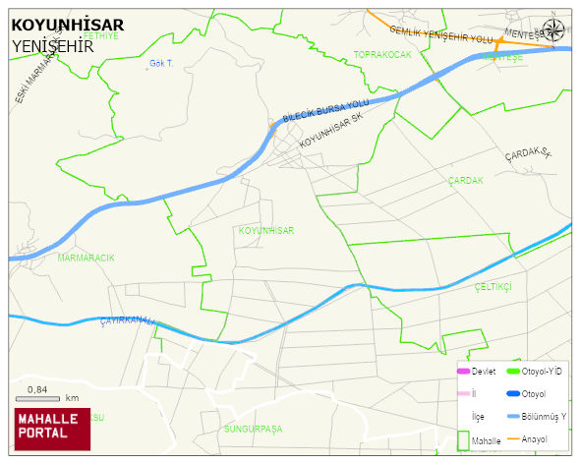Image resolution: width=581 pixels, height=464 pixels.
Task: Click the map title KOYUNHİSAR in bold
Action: tap(67, 26)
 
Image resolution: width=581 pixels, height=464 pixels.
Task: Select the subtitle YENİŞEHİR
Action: tap(52, 45)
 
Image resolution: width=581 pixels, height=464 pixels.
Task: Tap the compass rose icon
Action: tap(554, 30)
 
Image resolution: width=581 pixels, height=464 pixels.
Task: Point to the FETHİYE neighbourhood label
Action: tap(100, 35)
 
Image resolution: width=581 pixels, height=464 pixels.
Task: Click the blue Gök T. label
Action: tap(161, 64)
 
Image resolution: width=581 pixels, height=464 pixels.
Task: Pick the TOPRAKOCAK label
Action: tap(382, 54)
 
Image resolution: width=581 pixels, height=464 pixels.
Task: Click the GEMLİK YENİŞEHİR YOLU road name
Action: tap(439, 34)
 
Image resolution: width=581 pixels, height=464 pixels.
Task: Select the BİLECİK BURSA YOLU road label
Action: tap(324, 109)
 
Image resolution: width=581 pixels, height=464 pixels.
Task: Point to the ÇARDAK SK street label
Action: tap(530, 155)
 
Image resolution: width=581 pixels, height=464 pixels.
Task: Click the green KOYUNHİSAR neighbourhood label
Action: tap(265, 230)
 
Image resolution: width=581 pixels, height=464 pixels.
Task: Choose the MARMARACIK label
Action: tap(86, 258)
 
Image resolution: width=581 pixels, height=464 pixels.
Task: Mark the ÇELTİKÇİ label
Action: tap(494, 286)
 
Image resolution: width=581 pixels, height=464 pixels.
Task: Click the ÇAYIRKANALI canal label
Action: tap(127, 322)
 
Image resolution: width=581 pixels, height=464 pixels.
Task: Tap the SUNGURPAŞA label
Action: tap(253, 430)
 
